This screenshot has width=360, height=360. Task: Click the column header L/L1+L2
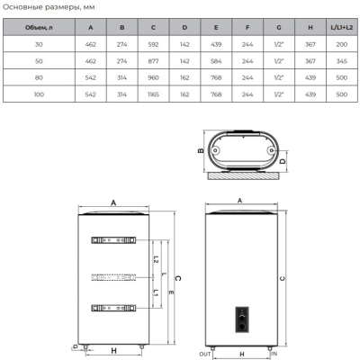click(x=342, y=28)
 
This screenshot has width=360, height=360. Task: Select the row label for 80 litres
click(x=39, y=77)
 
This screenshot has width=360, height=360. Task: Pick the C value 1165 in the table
click(x=153, y=94)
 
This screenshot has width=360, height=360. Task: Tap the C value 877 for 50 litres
click(x=153, y=61)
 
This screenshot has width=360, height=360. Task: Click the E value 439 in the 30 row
click(x=216, y=44)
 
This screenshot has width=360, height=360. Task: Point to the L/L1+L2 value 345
click(x=342, y=61)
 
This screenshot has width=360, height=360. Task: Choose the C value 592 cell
click(x=153, y=44)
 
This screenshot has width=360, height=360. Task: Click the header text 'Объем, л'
click(x=39, y=28)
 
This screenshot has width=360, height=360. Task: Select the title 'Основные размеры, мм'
click(x=49, y=7)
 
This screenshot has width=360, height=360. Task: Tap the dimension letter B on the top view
click(x=201, y=150)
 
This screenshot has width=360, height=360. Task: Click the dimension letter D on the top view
click(x=283, y=161)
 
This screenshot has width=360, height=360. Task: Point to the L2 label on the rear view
click(x=156, y=259)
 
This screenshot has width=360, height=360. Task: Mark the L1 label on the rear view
click(x=156, y=293)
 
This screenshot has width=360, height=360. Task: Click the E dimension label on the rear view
click(x=171, y=292)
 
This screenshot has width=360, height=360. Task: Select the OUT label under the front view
click(x=205, y=355)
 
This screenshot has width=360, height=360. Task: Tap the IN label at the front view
click(x=274, y=354)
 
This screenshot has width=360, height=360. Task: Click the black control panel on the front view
click(x=242, y=319)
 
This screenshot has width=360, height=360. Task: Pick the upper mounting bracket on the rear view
click(x=113, y=240)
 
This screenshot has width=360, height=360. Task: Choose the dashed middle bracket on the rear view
click(x=113, y=278)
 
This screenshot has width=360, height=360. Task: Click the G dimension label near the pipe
click(x=76, y=346)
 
